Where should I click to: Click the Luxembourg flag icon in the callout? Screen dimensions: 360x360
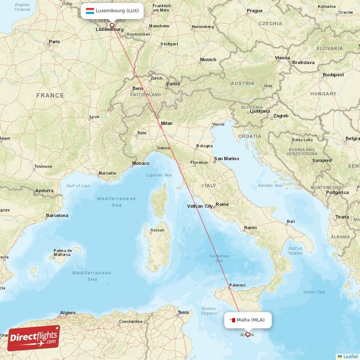pyautogui.click(x=90, y=10)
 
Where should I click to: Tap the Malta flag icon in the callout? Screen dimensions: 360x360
pyautogui.click(x=232, y=320)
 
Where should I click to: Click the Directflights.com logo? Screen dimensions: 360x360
pyautogui.click(x=34, y=338)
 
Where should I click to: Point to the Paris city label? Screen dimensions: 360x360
pyautogui.click(x=54, y=41)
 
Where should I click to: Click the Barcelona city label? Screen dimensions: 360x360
pyautogui.click(x=57, y=216)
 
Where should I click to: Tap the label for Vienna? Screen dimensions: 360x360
pyautogui.click(x=283, y=58)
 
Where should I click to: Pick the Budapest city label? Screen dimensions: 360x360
pyautogui.click(x=333, y=75)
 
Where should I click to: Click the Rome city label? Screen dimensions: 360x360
pyautogui.click(x=222, y=204)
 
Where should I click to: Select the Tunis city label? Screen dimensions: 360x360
pyautogui.click(x=184, y=312)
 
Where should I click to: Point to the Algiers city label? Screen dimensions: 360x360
pyautogui.click(x=68, y=312)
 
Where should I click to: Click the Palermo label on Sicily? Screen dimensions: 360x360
pyautogui.click(x=237, y=285)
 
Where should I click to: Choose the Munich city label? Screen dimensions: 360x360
pyautogui.click(x=208, y=59)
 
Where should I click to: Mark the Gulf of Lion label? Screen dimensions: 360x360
pyautogui.click(x=78, y=185)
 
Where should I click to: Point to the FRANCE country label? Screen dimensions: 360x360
pyautogui.click(x=50, y=95)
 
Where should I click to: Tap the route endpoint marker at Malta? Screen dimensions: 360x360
pyautogui.click(x=247, y=334)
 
